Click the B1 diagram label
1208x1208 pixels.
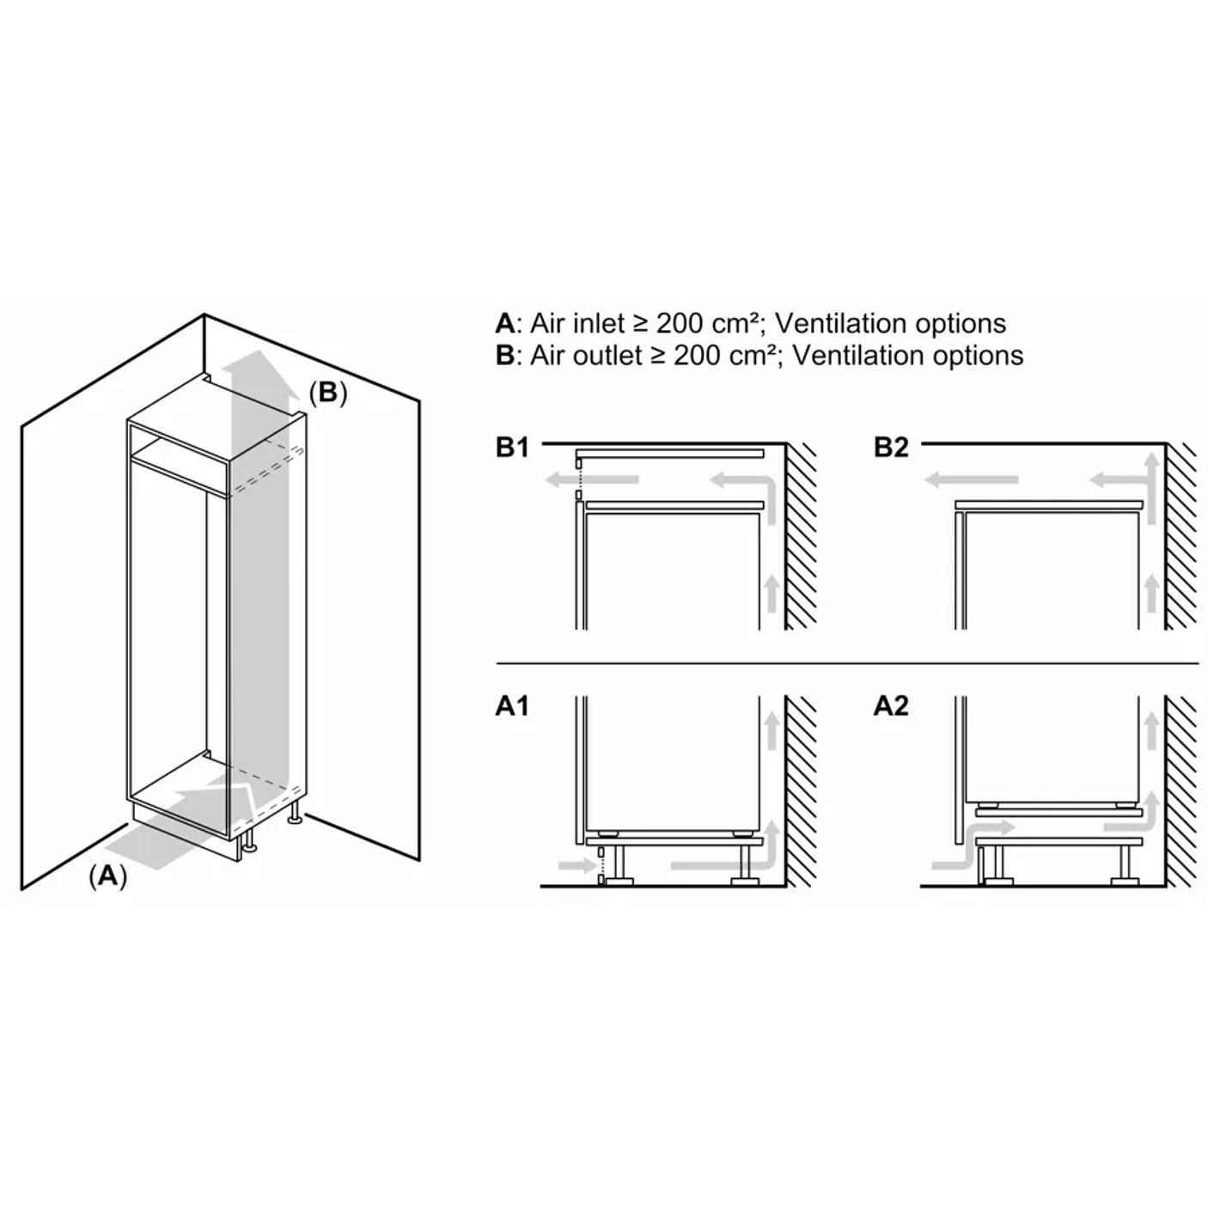click(x=512, y=448)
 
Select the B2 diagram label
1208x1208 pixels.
click(x=891, y=448)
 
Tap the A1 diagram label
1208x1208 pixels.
click(x=512, y=706)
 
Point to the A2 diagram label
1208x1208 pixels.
click(x=891, y=706)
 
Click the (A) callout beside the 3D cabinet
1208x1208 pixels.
click(x=107, y=875)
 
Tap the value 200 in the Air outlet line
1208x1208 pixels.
click(x=699, y=356)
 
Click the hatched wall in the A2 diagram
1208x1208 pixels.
click(x=1181, y=790)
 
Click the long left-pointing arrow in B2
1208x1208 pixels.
click(x=972, y=480)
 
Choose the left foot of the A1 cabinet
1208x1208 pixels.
click(x=616, y=880)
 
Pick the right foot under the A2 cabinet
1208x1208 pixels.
click(x=1125, y=880)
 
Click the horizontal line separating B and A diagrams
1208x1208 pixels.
click(x=846, y=664)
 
